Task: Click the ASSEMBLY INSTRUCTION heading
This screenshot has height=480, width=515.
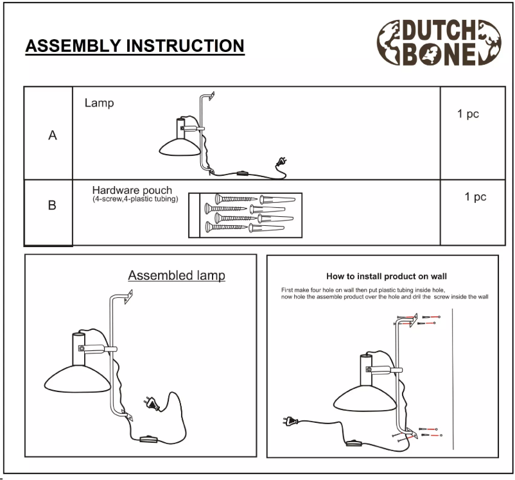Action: click(134, 46)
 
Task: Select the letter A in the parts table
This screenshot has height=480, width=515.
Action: click(52, 136)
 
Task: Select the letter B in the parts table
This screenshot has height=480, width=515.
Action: click(52, 207)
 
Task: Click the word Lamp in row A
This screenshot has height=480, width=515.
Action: click(99, 103)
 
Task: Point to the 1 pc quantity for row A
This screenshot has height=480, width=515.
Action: click(467, 114)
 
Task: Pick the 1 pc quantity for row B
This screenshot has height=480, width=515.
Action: click(475, 197)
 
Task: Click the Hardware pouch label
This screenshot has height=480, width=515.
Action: click(132, 191)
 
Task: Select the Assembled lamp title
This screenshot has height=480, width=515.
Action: click(177, 275)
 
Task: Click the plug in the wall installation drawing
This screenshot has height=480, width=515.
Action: click(290, 422)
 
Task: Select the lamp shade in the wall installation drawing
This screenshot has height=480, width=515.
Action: click(363, 398)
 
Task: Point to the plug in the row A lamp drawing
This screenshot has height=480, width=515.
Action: click(280, 162)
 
